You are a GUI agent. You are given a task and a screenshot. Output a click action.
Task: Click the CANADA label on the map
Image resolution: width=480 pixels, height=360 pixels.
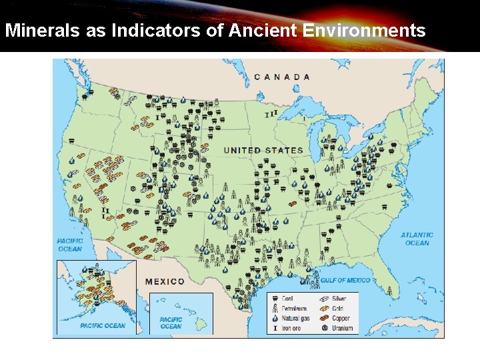(282, 77)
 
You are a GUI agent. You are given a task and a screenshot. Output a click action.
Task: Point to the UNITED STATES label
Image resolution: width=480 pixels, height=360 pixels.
(263, 150)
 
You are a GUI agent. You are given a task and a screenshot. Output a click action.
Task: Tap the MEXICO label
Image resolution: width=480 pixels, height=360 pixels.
(165, 281)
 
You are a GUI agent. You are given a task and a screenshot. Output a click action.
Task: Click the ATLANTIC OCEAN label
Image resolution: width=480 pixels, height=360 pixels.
(417, 239)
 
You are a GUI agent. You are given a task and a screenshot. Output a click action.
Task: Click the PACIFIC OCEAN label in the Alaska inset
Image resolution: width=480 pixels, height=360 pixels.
(103, 326)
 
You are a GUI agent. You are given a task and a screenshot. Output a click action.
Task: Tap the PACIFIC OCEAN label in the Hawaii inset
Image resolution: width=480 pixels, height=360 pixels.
(171, 323)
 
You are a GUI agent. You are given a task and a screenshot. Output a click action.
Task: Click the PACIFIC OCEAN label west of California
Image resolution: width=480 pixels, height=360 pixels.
(69, 245)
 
